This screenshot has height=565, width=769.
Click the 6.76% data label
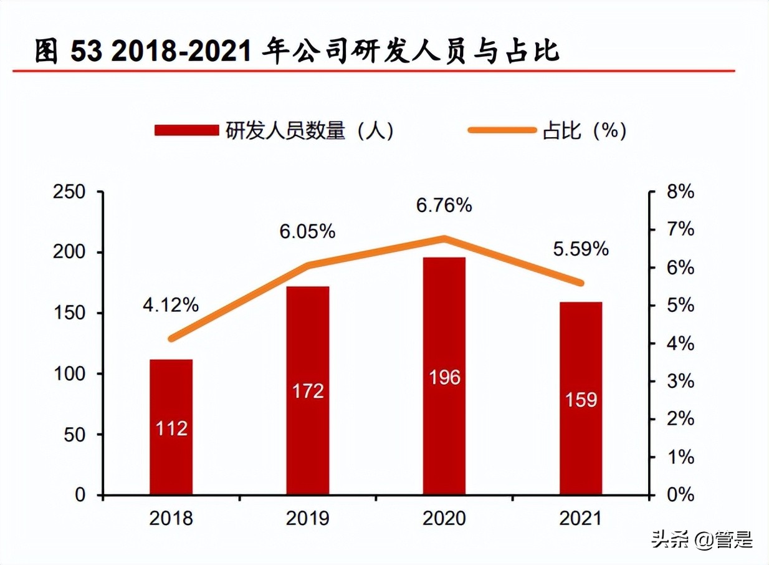444,205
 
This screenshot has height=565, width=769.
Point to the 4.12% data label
171,305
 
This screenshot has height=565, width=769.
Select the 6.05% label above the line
308,232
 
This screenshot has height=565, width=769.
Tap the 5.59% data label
581,249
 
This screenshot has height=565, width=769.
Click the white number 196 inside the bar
444,377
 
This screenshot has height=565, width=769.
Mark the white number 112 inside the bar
171,428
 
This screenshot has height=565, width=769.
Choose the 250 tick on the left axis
70,192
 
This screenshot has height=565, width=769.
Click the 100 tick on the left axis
70,374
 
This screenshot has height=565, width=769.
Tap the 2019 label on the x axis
308,519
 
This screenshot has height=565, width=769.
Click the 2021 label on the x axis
581,519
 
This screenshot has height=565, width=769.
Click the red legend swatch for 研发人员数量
186,130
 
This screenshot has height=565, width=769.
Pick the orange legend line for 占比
502,130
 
